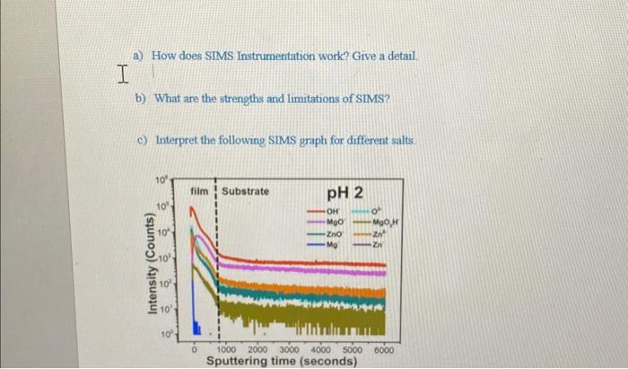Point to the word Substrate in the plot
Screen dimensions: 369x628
click(x=245, y=191)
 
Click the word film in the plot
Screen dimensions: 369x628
click(x=199, y=191)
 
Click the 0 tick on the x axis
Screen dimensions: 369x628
click(x=196, y=349)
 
